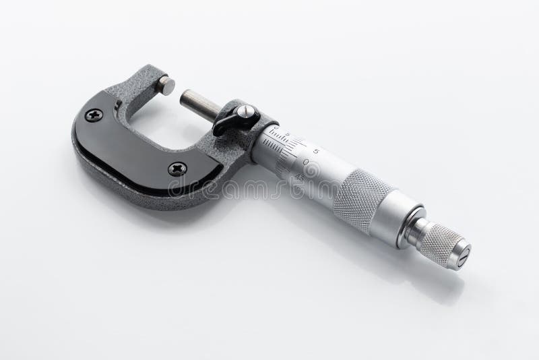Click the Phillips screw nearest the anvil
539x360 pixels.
tap(94, 115)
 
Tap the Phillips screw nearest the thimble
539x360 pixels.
tap(177, 169)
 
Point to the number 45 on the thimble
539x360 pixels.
tap(299, 177)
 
